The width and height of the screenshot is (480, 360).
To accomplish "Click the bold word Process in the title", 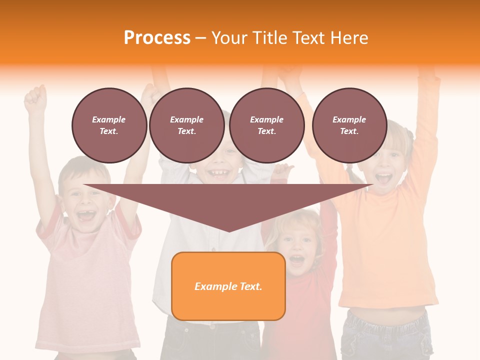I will (157, 38).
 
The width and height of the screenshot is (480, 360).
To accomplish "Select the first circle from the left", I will (109, 125).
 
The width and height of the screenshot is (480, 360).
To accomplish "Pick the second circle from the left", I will (186, 125).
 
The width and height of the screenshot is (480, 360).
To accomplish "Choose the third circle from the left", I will (266, 125).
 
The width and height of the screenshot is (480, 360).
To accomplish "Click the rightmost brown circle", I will (349, 125).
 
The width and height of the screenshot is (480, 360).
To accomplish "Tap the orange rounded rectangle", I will (228, 286).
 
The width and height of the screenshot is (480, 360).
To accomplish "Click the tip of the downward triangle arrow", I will (228, 230).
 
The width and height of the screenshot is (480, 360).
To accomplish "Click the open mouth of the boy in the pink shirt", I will (85, 216).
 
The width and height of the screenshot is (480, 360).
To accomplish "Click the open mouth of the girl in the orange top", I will (383, 178).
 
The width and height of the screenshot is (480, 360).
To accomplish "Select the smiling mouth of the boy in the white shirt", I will (218, 173).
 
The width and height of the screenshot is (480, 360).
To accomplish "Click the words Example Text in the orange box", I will (228, 286).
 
